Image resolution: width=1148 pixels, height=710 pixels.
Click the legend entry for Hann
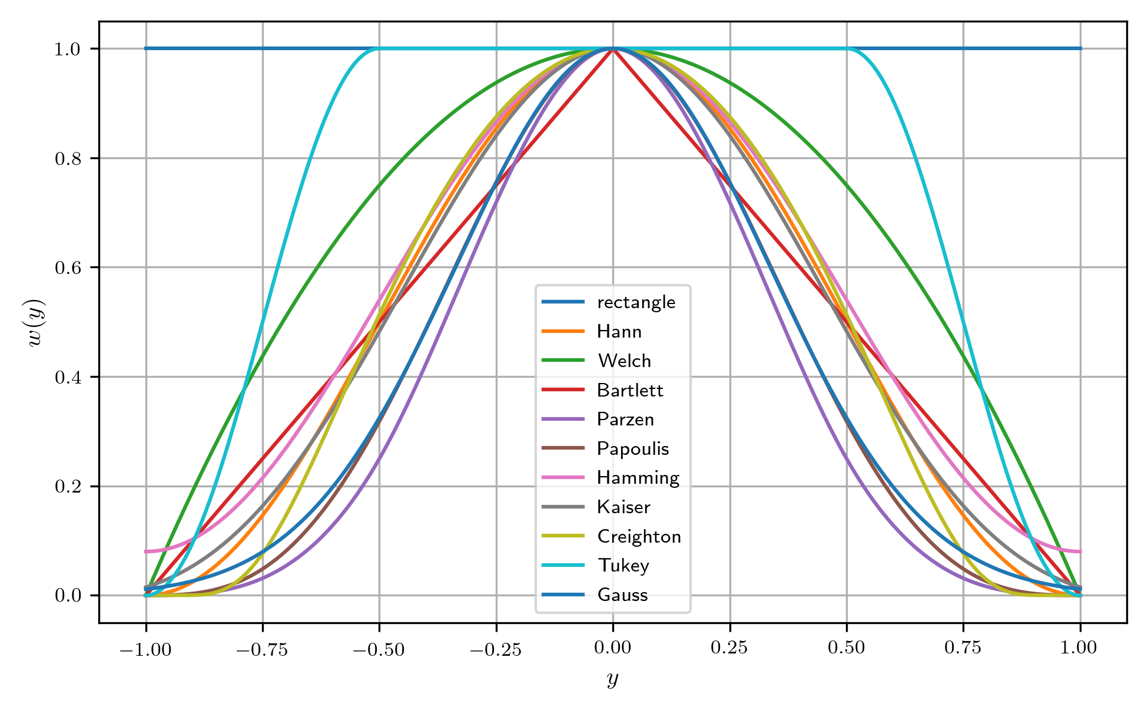(x=619, y=332)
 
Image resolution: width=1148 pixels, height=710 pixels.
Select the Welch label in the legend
(x=624, y=361)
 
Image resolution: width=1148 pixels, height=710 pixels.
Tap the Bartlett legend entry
(x=629, y=390)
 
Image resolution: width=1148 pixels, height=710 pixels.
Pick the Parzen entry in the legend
(x=625, y=420)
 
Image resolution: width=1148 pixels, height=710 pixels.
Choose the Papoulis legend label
(x=633, y=449)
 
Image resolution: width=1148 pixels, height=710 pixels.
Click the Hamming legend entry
(x=638, y=478)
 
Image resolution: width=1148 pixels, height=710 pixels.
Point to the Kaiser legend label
(x=623, y=507)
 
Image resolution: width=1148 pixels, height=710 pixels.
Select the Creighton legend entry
(x=639, y=537)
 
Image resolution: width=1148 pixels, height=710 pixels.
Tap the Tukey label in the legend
(x=623, y=566)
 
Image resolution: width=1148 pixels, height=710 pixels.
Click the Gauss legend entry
(x=622, y=595)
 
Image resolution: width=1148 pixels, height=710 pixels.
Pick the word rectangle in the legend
(x=636, y=302)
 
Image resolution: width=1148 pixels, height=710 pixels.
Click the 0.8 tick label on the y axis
(x=67, y=158)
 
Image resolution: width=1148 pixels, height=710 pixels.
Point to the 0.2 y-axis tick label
(x=67, y=487)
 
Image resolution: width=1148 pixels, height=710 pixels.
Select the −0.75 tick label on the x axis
(x=262, y=649)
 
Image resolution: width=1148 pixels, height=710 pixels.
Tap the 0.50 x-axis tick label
(x=847, y=648)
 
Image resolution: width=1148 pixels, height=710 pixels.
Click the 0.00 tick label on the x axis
(x=613, y=648)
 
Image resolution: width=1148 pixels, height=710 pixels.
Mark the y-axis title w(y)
(x=36, y=322)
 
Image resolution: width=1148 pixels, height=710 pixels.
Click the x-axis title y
(x=613, y=679)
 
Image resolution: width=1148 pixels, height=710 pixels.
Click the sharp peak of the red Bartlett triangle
(x=613, y=49)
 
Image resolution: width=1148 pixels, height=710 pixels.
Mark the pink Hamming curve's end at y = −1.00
(x=146, y=552)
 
